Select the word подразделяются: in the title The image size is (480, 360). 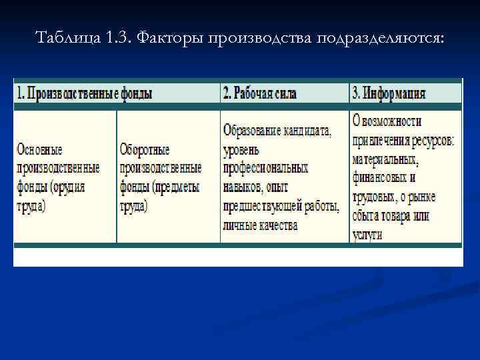381,37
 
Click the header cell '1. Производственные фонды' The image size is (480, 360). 85,93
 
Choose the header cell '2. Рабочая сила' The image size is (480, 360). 261,93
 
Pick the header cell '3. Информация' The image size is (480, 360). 389,93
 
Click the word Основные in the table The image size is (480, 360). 40,149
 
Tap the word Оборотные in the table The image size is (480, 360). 145,149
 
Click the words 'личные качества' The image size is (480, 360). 261,225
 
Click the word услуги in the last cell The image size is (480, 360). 367,235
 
